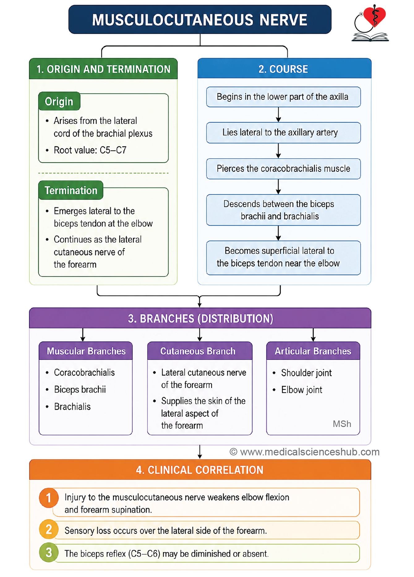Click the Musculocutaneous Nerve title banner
pyautogui.click(x=200, y=19)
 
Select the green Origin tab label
pyautogui.click(x=59, y=101)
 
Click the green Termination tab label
pyautogui.click(x=71, y=190)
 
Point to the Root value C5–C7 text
pyautogui.click(x=90, y=150)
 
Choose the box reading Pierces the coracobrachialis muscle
pyautogui.click(x=284, y=169)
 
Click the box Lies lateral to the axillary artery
pyautogui.click(x=284, y=132)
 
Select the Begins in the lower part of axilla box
pyautogui.click(x=284, y=97)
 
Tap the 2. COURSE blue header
pyautogui.click(x=284, y=69)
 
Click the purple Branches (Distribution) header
pyautogui.click(x=200, y=318)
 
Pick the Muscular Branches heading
pyautogui.click(x=86, y=351)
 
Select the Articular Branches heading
pyautogui.click(x=313, y=351)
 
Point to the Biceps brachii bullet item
pyautogui.click(x=80, y=390)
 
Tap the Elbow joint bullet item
pyautogui.click(x=301, y=390)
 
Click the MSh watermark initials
pyautogui.click(x=342, y=424)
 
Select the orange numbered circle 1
pyautogui.click(x=49, y=498)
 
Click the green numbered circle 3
pyautogui.click(x=49, y=552)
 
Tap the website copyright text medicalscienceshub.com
pyautogui.click(x=305, y=452)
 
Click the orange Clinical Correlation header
pyautogui.click(x=200, y=470)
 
